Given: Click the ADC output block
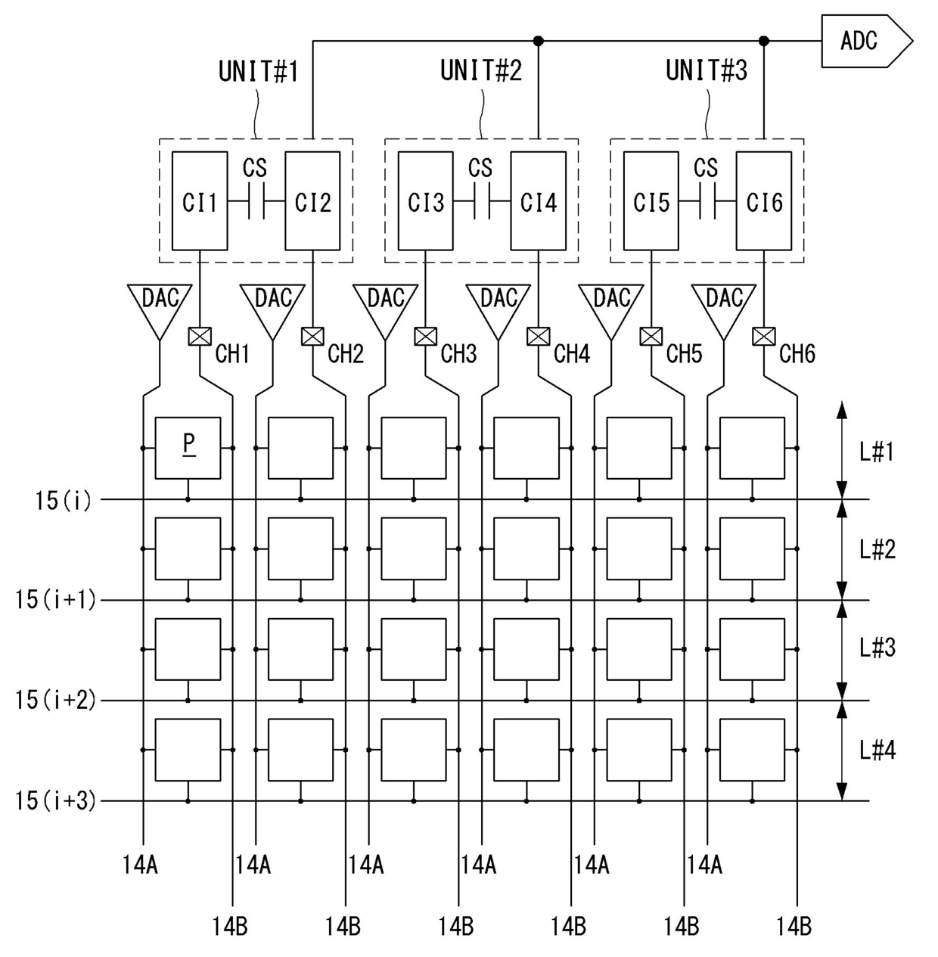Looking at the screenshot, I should pos(862,41).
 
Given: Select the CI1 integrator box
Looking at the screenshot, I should pos(200,201).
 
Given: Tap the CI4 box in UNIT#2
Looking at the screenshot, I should pos(538,201).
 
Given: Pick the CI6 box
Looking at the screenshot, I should pos(764,201).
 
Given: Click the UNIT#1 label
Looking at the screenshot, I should pos(258,72).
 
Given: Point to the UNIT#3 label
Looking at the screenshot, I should pos(706,70).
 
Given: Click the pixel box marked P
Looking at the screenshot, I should pos(188,447).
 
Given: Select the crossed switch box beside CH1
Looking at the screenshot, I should pos(199,336).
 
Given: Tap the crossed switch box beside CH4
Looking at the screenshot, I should pos(538,336).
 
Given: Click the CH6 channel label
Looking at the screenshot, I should pos(797,353).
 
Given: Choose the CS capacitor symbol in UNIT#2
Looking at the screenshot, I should pos(481,202).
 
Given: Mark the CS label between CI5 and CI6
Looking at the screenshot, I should pos(706,168).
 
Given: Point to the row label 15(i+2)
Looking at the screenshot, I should pos(56,700).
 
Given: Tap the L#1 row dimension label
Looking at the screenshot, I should pos(877,452).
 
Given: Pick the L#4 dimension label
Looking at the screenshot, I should pos(877,750).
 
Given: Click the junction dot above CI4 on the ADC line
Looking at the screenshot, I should pos(538,41).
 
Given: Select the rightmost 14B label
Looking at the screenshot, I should pos(794,926).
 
